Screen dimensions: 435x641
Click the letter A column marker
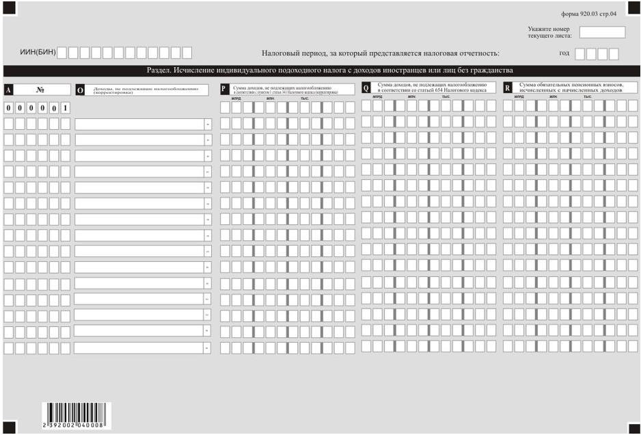coord(8,89)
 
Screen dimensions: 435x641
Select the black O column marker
coord(80,89)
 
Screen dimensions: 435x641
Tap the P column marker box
coord(223,89)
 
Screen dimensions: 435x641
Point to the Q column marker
coord(366,88)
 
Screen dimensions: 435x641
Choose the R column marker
coord(507,88)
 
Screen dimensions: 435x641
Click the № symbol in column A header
coord(40,89)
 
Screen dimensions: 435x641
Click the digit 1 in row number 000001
coord(65,109)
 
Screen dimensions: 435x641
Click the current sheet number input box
coord(602,31)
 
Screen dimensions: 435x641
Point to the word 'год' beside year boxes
coord(564,53)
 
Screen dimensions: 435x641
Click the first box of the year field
coord(580,53)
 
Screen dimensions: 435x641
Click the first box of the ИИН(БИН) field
coord(62,53)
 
